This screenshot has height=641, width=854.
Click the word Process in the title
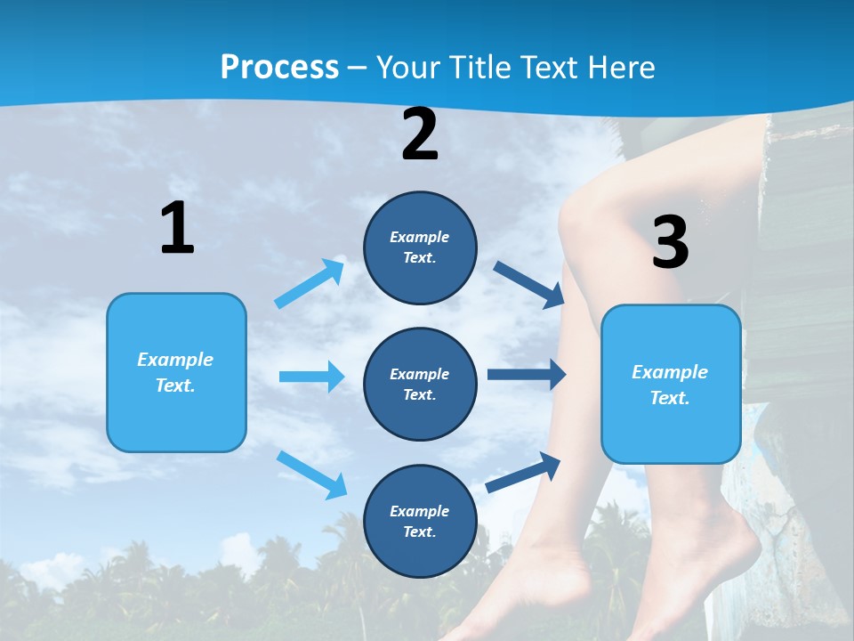[x=279, y=67]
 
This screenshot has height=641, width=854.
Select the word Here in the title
[x=619, y=67]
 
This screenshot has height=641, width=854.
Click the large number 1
[x=177, y=228]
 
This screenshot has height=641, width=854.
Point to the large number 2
[x=420, y=134]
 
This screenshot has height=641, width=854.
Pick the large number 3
[x=670, y=243]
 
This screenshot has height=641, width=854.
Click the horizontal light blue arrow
[x=311, y=377]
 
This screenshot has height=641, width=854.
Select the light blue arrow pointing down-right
[x=311, y=474]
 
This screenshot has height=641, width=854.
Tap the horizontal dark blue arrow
[x=527, y=375]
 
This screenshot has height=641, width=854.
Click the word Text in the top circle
[x=419, y=258]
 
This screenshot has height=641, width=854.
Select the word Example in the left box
[x=175, y=360]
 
